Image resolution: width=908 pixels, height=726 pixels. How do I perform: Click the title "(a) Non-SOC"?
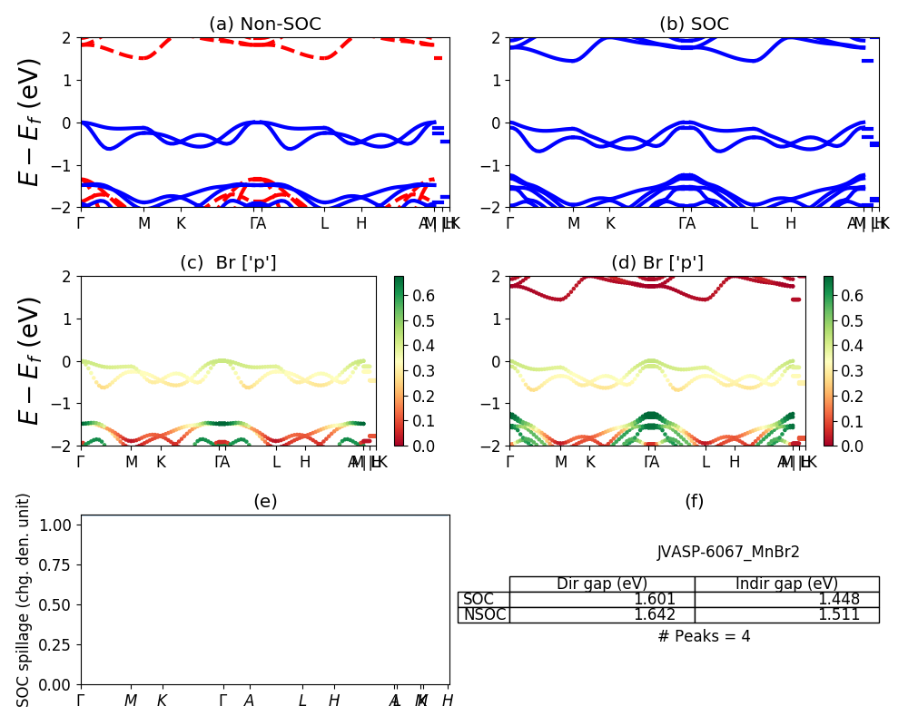265,25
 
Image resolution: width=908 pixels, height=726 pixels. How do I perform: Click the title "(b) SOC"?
694,25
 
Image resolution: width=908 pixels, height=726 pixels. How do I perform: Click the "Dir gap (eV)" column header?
602,584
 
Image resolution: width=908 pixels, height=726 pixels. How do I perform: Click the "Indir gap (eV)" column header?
786,584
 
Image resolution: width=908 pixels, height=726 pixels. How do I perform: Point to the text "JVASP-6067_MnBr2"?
728,552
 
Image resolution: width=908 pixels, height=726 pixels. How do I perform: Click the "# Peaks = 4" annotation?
704,636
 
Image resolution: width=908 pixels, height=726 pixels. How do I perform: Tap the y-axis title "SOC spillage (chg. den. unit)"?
25,600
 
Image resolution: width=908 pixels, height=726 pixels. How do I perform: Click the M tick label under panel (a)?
144,223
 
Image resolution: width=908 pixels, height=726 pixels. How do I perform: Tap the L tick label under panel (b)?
753,223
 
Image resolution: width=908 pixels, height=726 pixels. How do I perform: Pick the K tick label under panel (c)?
161,462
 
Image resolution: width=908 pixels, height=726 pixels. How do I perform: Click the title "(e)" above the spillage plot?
265,502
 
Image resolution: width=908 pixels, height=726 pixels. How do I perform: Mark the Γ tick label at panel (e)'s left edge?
81,701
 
